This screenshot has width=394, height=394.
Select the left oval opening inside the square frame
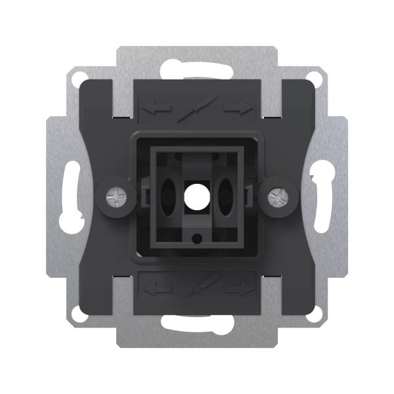pyautogui.click(x=167, y=196)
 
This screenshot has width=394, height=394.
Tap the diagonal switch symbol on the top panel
pyautogui.click(x=197, y=107)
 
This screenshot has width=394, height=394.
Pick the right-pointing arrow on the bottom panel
pyautogui.click(x=238, y=287)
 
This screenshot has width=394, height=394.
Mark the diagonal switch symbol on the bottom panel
pyautogui.click(x=197, y=288)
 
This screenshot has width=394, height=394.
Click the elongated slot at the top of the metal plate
pyautogui.click(x=197, y=69)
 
